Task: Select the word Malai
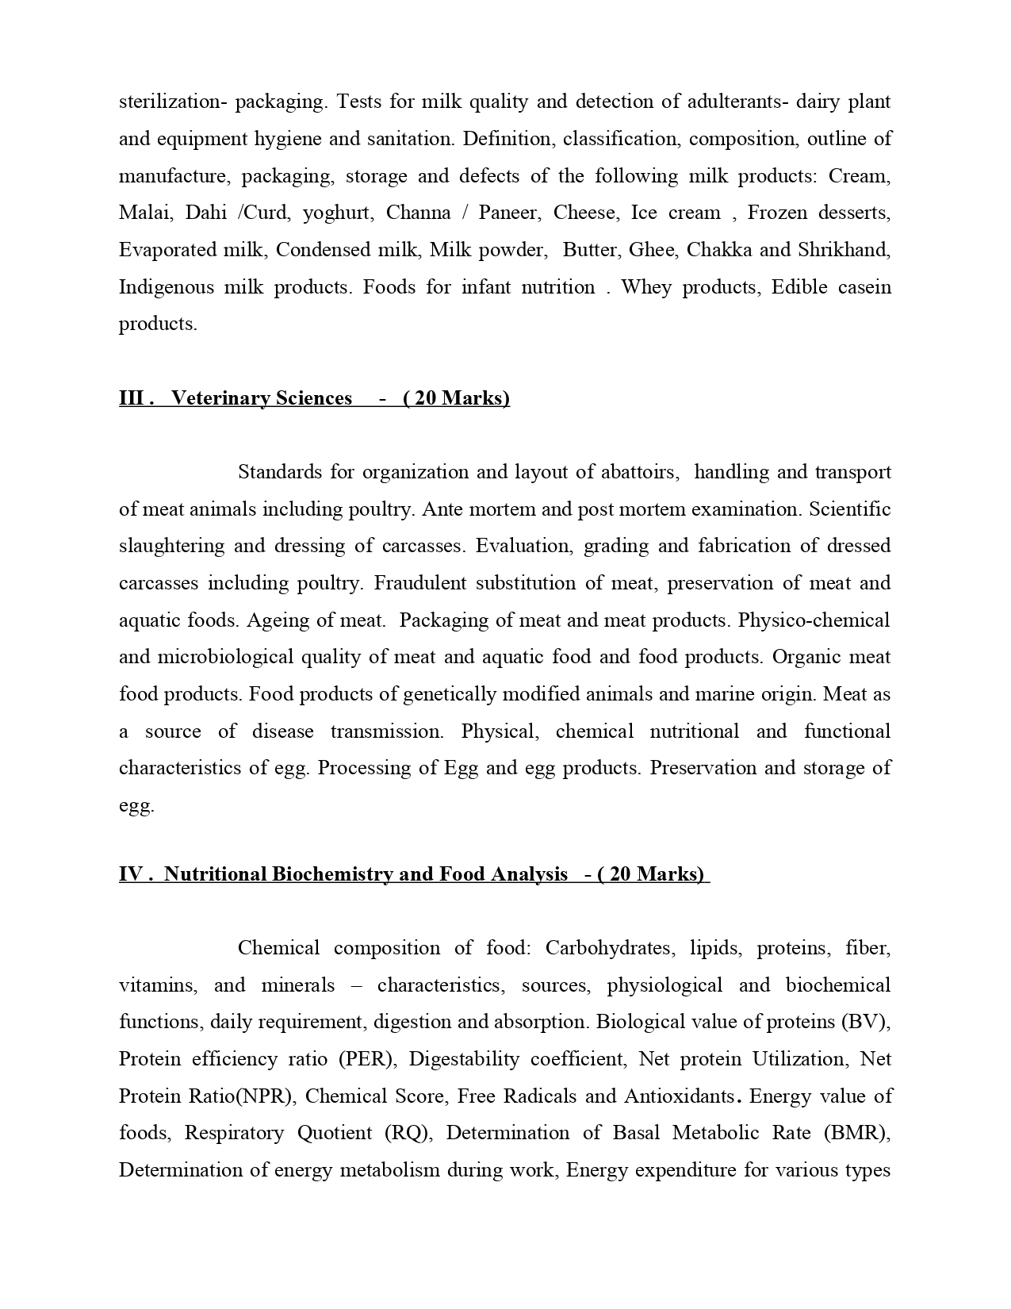[x=141, y=213]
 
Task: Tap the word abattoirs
[x=638, y=472]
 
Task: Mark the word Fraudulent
[x=420, y=583]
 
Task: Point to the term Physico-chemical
[x=814, y=620]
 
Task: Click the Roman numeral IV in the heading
[x=131, y=874]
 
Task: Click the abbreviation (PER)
[x=372, y=1059]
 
